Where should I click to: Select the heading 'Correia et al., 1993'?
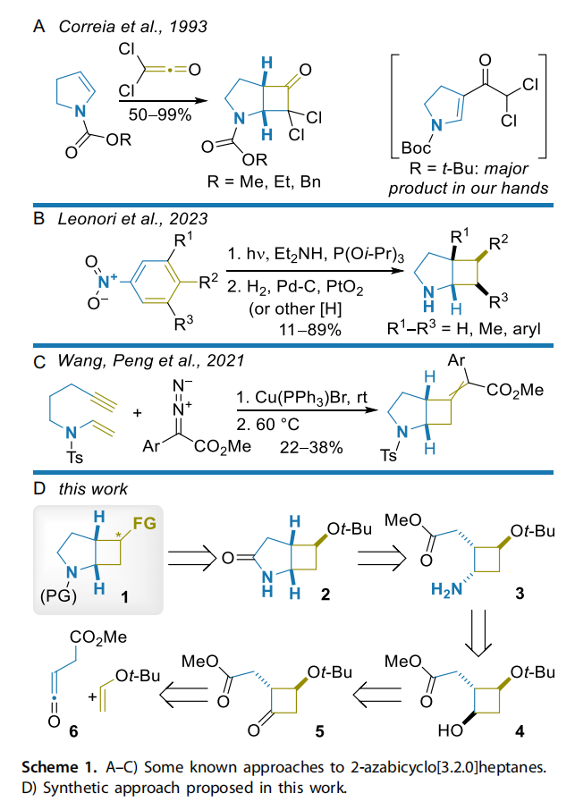132,26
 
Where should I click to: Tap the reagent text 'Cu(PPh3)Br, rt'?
295,395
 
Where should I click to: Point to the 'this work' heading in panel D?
93,488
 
